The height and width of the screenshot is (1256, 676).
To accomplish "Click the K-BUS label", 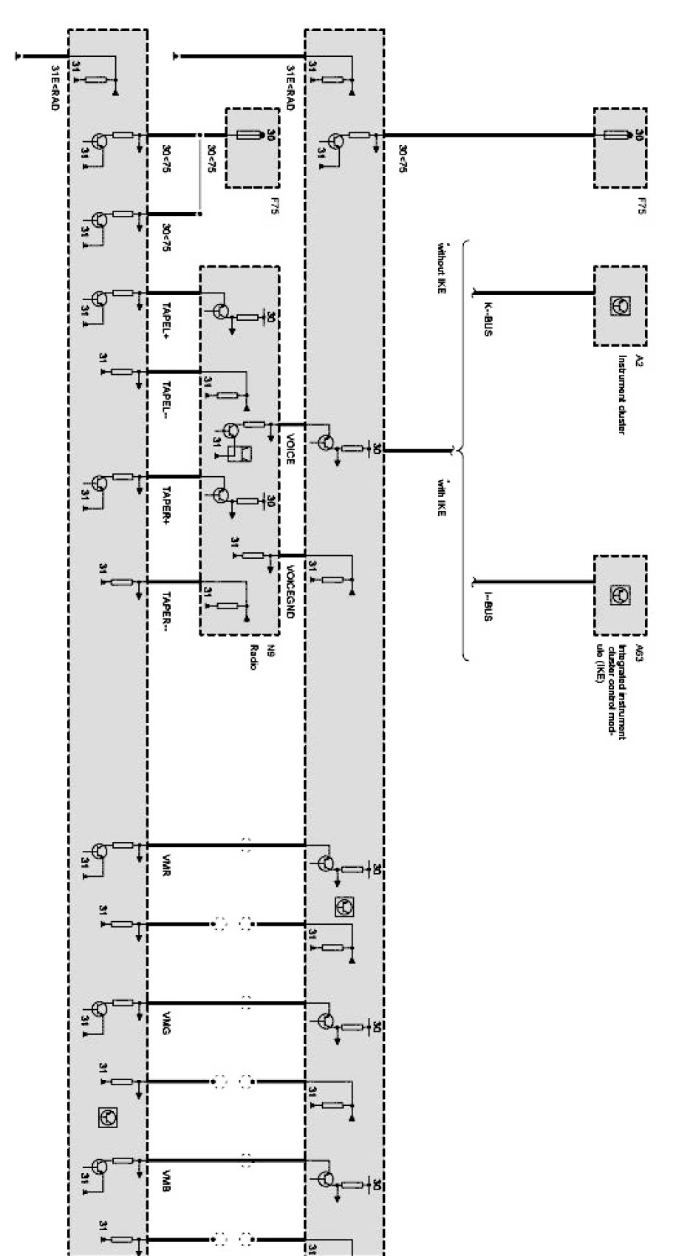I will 488,319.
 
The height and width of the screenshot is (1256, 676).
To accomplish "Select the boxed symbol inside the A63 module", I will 620,594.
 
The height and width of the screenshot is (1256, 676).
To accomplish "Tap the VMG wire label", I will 166,1025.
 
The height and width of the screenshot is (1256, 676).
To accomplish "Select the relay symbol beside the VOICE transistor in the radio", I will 240,452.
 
